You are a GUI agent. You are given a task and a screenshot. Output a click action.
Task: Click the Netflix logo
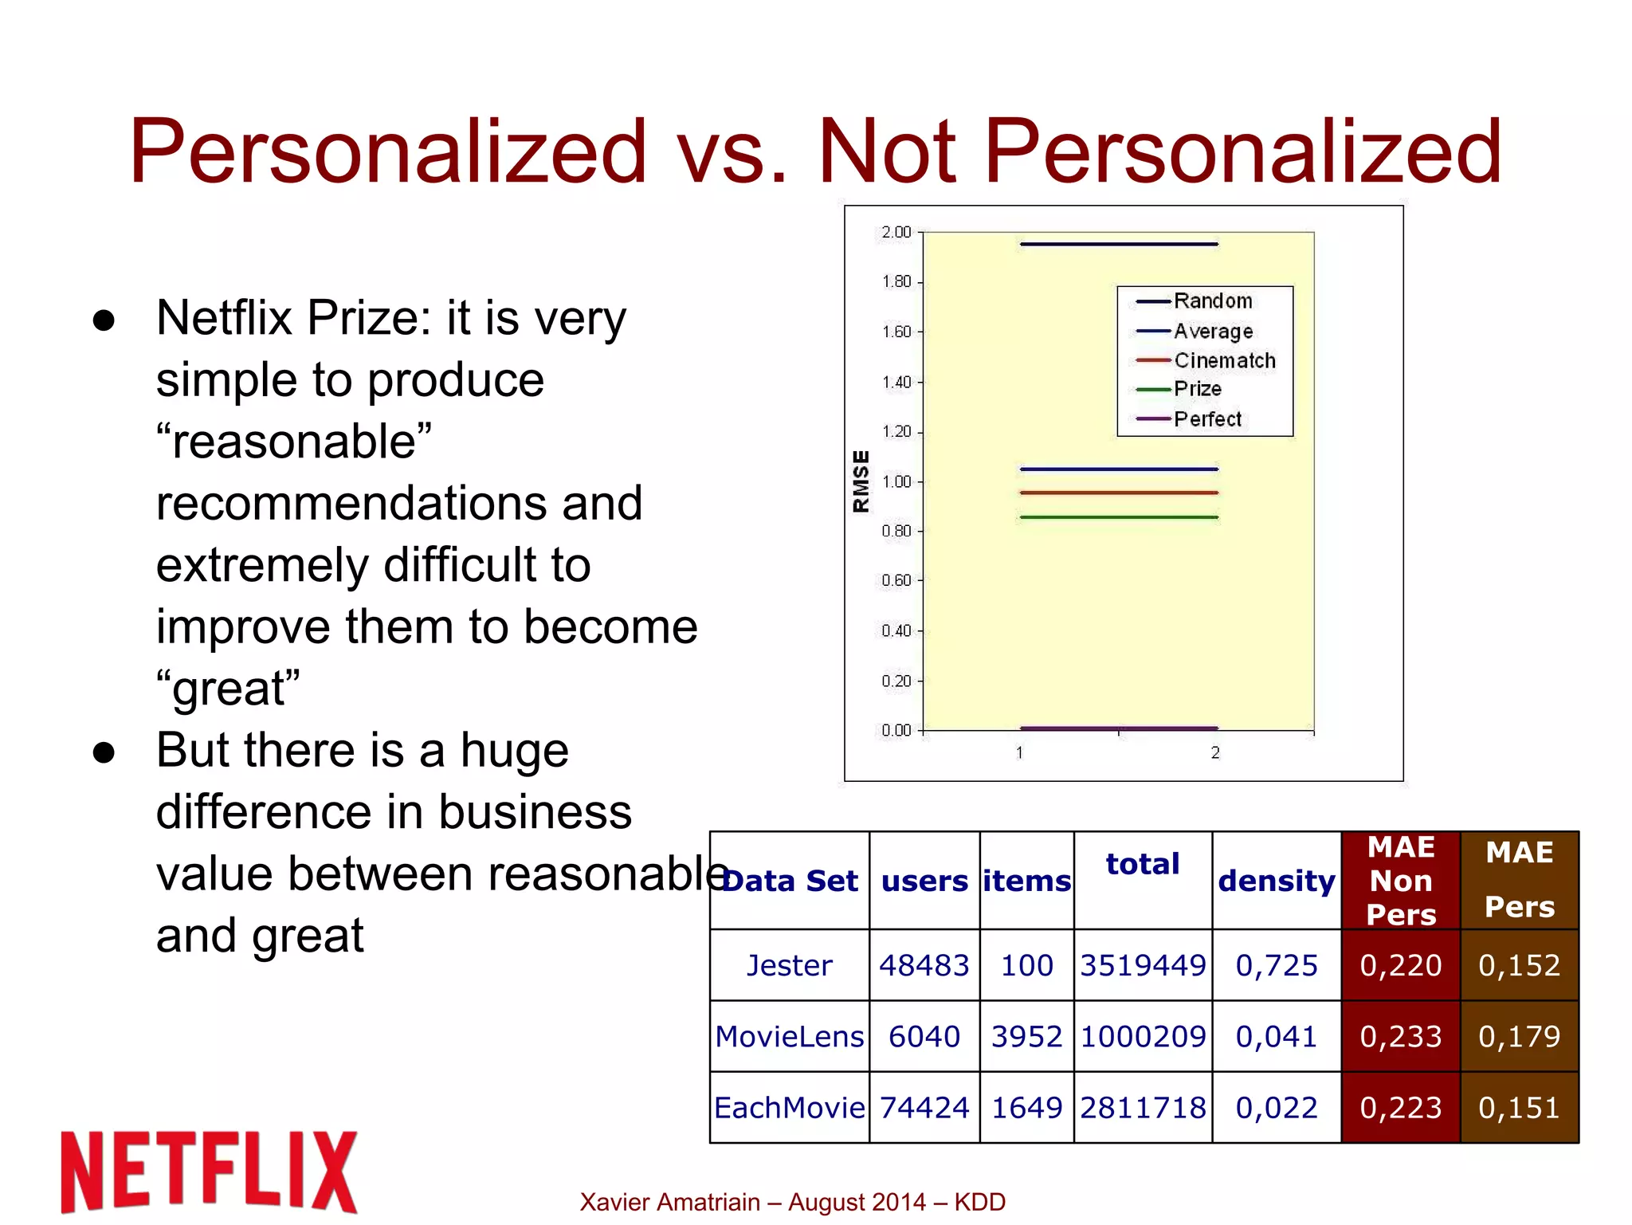pyautogui.click(x=209, y=1171)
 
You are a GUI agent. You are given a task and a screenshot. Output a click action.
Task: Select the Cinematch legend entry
pyautogui.click(x=1224, y=361)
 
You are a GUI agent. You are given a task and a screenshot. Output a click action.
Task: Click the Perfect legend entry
pyautogui.click(x=1207, y=419)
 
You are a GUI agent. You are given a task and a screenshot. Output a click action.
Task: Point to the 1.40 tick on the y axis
pyautogui.click(x=896, y=383)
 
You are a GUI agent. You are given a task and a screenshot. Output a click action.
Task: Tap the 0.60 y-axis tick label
pyautogui.click(x=896, y=581)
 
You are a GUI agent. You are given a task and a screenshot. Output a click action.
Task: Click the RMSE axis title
pyautogui.click(x=861, y=481)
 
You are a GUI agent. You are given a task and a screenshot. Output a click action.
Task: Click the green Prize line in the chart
pyautogui.click(x=1119, y=518)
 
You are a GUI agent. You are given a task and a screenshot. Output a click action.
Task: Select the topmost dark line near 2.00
pyautogui.click(x=1119, y=244)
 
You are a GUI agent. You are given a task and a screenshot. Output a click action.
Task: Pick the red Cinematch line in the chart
pyautogui.click(x=1119, y=493)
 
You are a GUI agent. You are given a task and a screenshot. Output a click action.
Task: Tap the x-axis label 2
pyautogui.click(x=1215, y=752)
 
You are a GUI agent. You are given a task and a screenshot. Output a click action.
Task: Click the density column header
pyautogui.click(x=1277, y=881)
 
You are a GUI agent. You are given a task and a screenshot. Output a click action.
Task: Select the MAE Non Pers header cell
pyautogui.click(x=1401, y=881)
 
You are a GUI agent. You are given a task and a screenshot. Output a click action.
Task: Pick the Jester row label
pyautogui.click(x=789, y=965)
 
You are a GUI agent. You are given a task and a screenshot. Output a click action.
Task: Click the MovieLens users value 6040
pyautogui.click(x=924, y=1036)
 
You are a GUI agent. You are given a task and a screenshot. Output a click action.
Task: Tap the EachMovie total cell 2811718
pyautogui.click(x=1143, y=1108)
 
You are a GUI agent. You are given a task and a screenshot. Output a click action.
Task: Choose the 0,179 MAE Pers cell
pyautogui.click(x=1519, y=1036)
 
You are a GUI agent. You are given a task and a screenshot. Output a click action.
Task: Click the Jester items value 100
pyautogui.click(x=1026, y=965)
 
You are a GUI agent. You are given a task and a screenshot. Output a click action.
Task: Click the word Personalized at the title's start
pyautogui.click(x=388, y=151)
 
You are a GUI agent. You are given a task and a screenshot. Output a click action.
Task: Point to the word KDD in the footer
pyautogui.click(x=980, y=1202)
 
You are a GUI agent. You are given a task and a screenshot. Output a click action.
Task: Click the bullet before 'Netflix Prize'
pyautogui.click(x=104, y=320)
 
